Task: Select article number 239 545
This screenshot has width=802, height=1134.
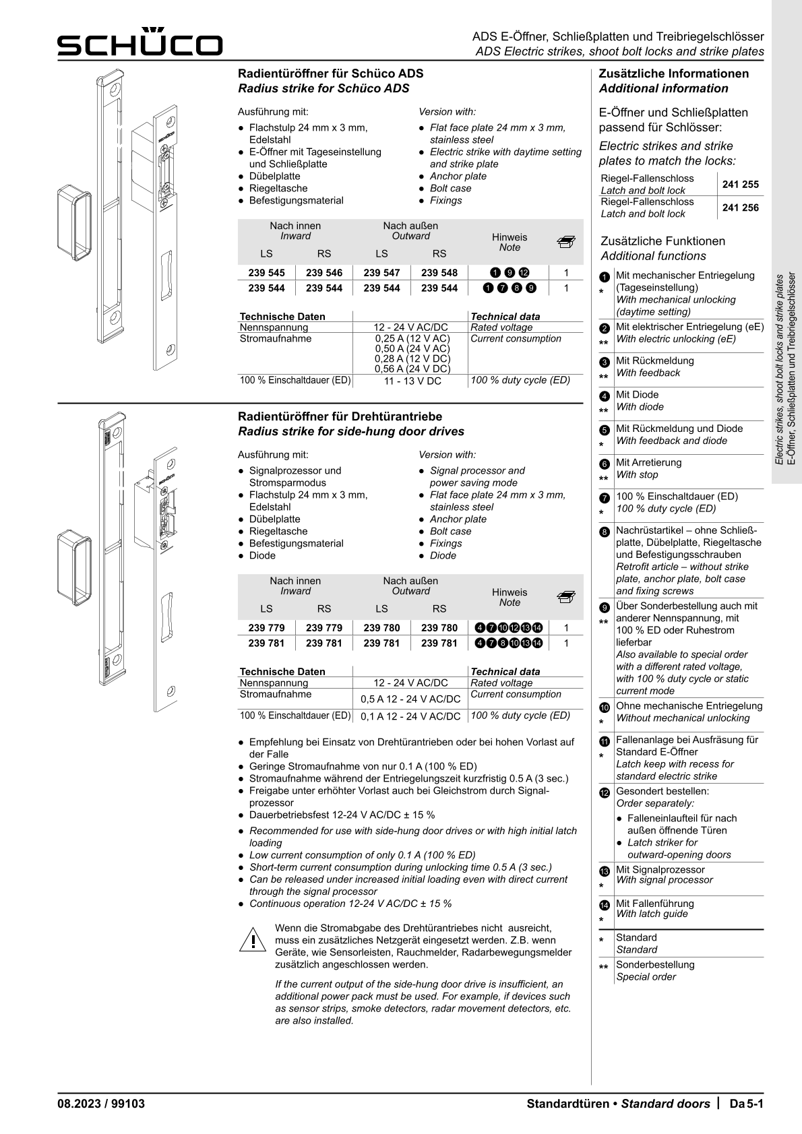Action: pyautogui.click(x=266, y=273)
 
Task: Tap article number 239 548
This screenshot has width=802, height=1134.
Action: pyautogui.click(x=439, y=273)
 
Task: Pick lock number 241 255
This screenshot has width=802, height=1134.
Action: pyautogui.click(x=740, y=184)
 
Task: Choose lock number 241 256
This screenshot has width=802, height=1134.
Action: pyautogui.click(x=740, y=208)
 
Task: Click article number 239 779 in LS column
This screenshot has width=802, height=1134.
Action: pyautogui.click(x=266, y=628)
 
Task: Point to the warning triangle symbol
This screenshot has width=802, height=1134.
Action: pyautogui.click(x=251, y=939)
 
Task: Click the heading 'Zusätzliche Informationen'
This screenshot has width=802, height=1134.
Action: pyautogui.click(x=673, y=74)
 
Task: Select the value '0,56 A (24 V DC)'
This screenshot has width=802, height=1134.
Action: pyautogui.click(x=412, y=369)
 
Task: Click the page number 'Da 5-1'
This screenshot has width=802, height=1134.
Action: pyautogui.click(x=746, y=1104)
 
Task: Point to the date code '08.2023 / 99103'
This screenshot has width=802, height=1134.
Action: pyautogui.click(x=101, y=1104)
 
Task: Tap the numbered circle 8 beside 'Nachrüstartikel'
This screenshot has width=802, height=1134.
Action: pyautogui.click(x=604, y=532)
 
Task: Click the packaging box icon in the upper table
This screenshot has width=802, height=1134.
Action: pyautogui.click(x=566, y=241)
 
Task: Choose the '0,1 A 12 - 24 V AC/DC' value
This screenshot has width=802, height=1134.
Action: pyautogui.click(x=410, y=716)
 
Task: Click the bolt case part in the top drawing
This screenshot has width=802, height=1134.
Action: pyautogui.click(x=73, y=222)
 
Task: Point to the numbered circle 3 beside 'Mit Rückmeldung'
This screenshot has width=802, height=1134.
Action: pyautogui.click(x=604, y=362)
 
